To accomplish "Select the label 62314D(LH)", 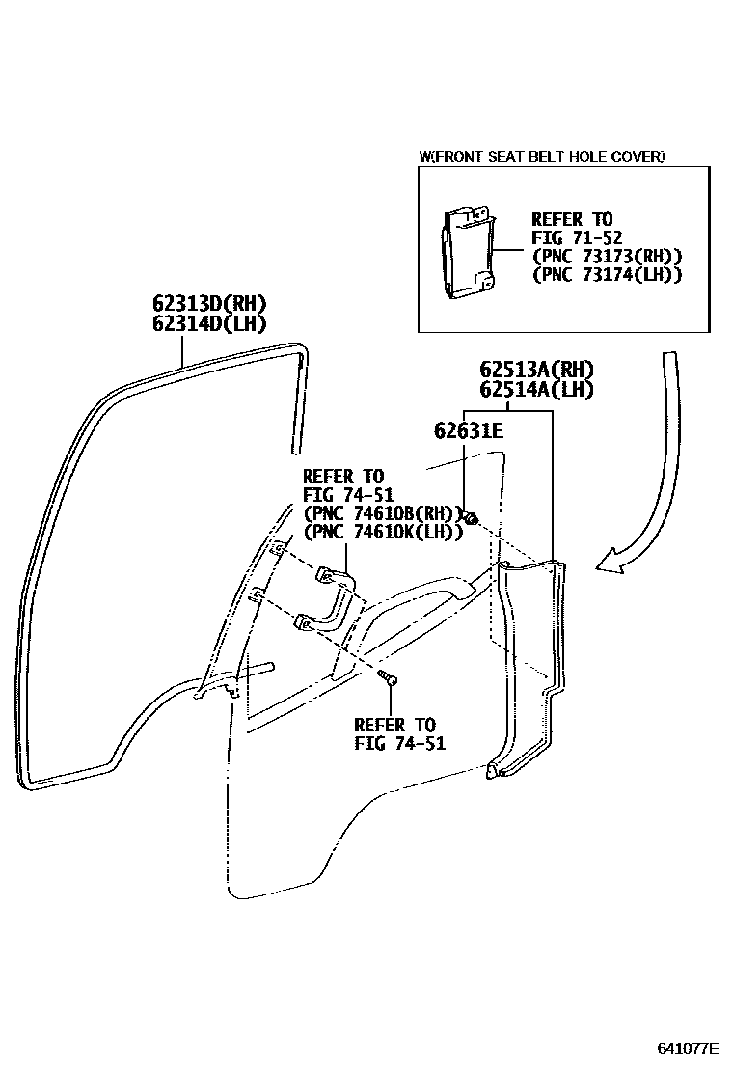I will click(208, 324).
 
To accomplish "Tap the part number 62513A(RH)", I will click(536, 370).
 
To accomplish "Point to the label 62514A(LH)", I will click(536, 390).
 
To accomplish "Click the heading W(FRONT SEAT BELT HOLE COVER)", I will click(542, 156).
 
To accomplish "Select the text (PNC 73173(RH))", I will click(607, 256).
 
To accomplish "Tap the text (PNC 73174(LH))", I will click(607, 274).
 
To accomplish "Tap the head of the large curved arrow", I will click(608, 563).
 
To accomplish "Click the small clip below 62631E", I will click(472, 520).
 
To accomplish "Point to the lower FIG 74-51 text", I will click(394, 743).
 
